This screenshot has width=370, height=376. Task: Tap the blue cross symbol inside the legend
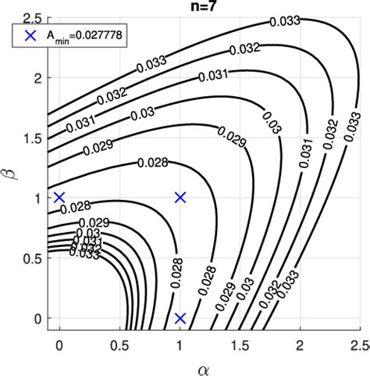(30, 34)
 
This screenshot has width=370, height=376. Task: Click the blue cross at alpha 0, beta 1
(59, 197)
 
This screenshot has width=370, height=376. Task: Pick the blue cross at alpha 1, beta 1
(180, 197)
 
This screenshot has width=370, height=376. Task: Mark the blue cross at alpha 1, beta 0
(180, 318)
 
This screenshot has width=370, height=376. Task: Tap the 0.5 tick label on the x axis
(119, 345)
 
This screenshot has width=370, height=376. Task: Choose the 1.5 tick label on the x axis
(240, 345)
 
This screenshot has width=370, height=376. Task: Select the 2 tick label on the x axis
(301, 345)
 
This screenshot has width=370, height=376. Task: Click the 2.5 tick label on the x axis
(360, 345)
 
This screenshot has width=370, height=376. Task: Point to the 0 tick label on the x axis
(59, 345)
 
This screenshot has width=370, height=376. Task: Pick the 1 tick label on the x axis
(180, 345)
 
